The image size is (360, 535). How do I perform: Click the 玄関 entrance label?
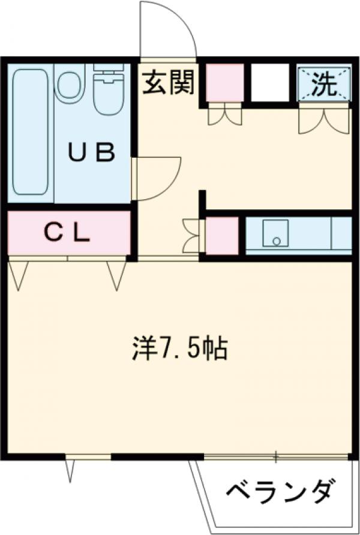coord(169,83)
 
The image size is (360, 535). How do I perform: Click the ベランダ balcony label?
coord(280,492)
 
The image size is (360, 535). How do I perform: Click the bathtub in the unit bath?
coord(30,131)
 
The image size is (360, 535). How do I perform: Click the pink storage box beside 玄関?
coord(225,82)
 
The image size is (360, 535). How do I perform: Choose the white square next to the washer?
coord(271,82)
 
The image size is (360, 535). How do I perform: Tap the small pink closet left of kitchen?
coord(222,235)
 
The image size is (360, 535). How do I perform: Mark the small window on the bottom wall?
coord(89,457)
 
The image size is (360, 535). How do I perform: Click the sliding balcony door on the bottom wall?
coord(276,457)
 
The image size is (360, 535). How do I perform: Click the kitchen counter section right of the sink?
coord(341,233)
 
